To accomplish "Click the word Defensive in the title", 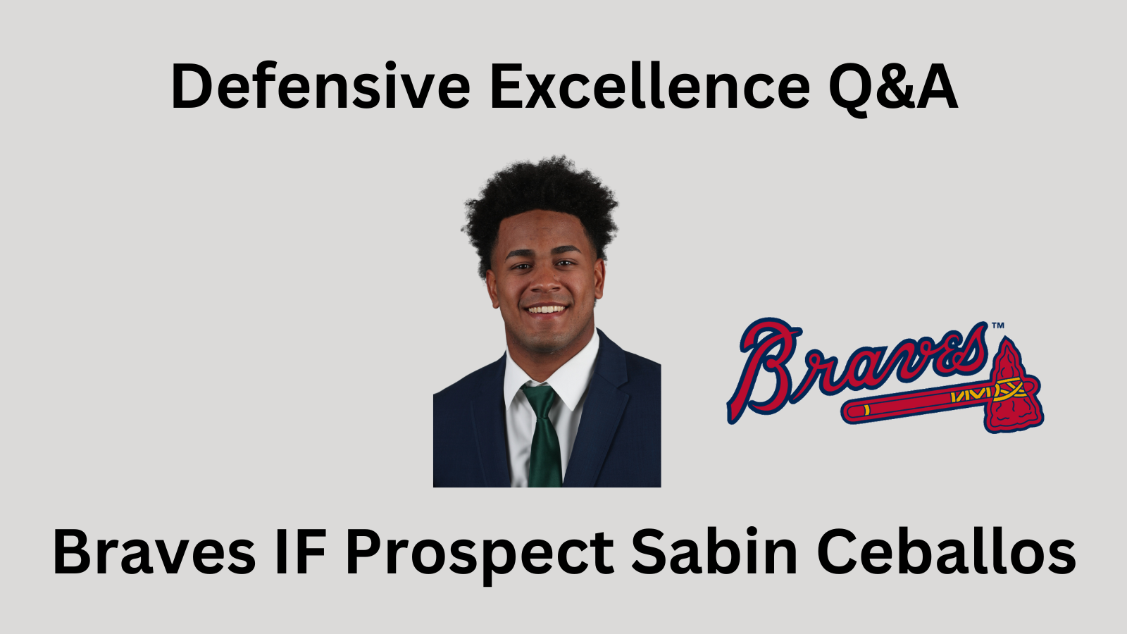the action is [x=321, y=85].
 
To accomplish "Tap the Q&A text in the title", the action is [x=893, y=89].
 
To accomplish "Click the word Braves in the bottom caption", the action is [x=154, y=551].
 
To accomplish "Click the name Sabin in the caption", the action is [x=714, y=551].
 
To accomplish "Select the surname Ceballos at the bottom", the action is [x=947, y=551].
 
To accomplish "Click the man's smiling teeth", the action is [x=546, y=309].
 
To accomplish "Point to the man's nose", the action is [x=545, y=282].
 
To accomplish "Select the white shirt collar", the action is [x=554, y=373].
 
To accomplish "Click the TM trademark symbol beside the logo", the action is [x=997, y=326].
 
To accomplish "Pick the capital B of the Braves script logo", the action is [x=761, y=370].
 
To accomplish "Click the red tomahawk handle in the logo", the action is [x=916, y=406].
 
